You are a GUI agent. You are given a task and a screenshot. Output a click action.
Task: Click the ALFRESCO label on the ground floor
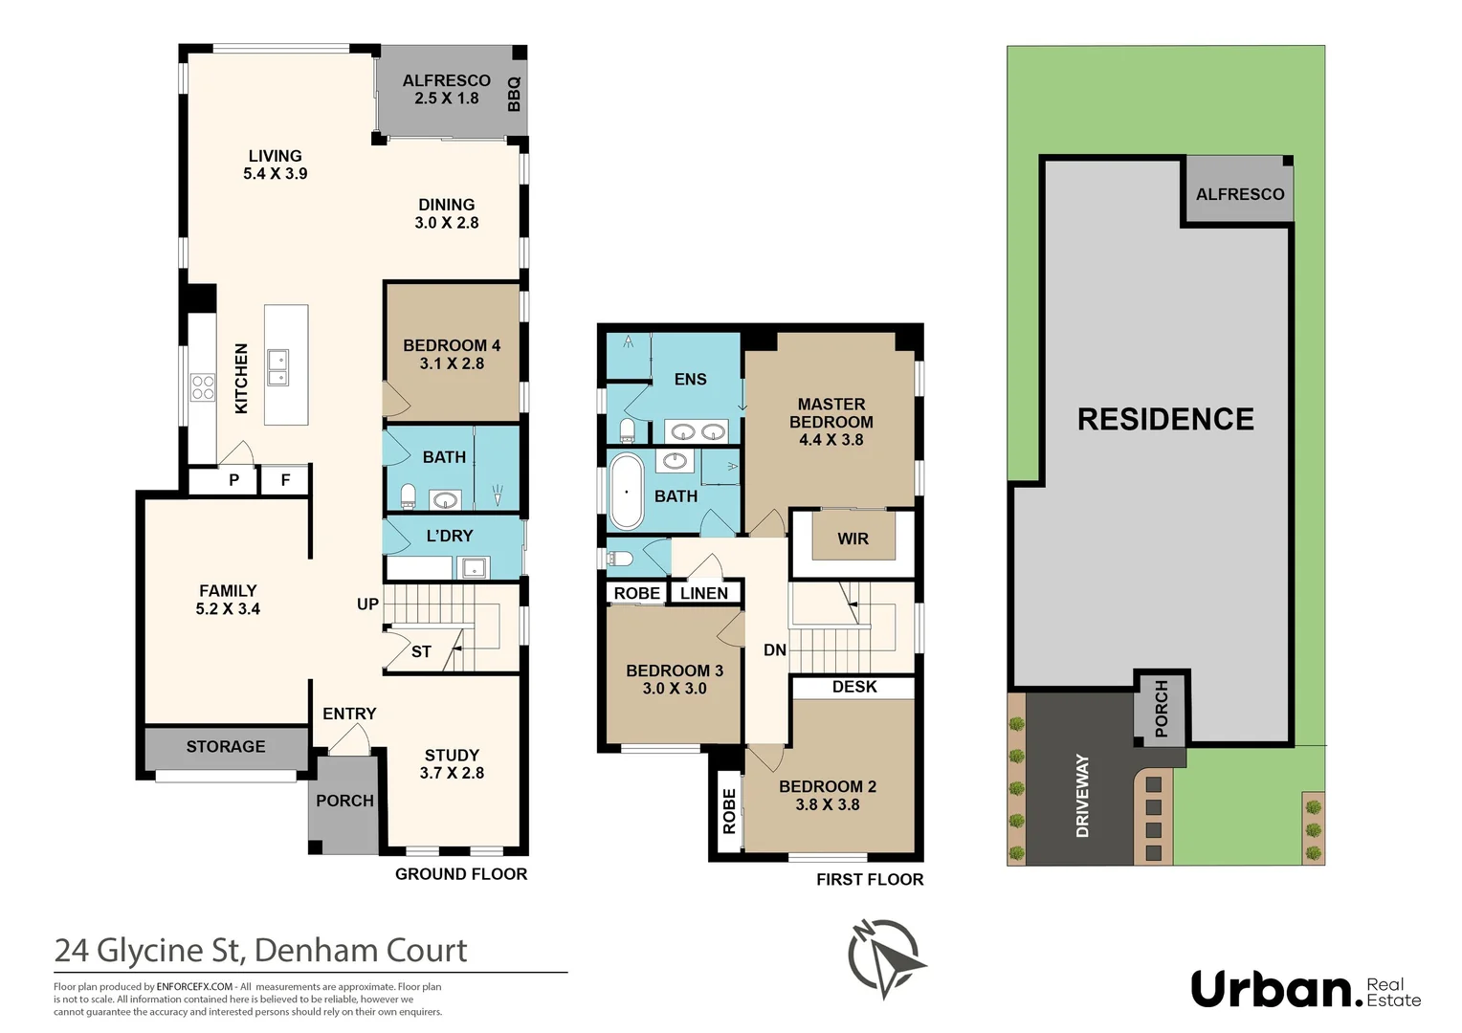tap(446, 81)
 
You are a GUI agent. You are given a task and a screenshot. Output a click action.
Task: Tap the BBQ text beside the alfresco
tap(514, 94)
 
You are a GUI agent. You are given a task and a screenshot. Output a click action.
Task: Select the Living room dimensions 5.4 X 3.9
tap(275, 174)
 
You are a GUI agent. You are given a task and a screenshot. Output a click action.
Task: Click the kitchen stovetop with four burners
tap(203, 387)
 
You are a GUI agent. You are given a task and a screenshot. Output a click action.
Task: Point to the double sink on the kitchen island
tap(277, 367)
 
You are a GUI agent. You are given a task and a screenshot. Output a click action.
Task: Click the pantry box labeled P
tap(233, 480)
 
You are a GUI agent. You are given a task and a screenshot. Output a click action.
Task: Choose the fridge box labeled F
tap(285, 480)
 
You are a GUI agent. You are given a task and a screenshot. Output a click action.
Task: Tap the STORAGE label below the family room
tap(226, 747)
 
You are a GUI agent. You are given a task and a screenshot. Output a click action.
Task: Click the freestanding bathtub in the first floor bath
tap(627, 492)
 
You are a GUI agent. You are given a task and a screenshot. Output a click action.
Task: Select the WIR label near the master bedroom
tap(853, 539)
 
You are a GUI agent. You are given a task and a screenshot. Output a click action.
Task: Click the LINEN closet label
tap(704, 594)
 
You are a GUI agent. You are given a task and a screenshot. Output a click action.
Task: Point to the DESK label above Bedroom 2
tap(854, 687)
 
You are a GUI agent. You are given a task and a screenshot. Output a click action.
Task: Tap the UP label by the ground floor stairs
tap(367, 604)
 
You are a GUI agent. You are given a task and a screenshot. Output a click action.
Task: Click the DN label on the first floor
tap(775, 650)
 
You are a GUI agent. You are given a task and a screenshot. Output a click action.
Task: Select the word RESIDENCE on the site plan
tap(1165, 419)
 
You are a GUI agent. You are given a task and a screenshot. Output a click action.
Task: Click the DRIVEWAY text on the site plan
tap(1083, 796)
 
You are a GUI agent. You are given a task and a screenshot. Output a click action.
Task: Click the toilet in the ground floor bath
tap(409, 495)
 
